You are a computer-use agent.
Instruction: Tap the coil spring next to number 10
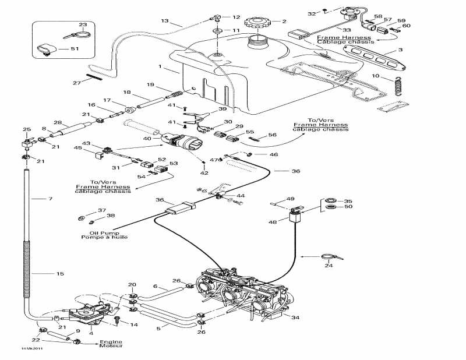(398, 86)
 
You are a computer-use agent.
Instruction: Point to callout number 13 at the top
(165, 21)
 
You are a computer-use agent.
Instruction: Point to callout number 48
(273, 221)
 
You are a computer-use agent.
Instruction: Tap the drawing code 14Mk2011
(31, 348)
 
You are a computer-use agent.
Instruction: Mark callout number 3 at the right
(400, 51)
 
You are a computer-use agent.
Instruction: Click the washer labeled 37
(80, 218)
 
